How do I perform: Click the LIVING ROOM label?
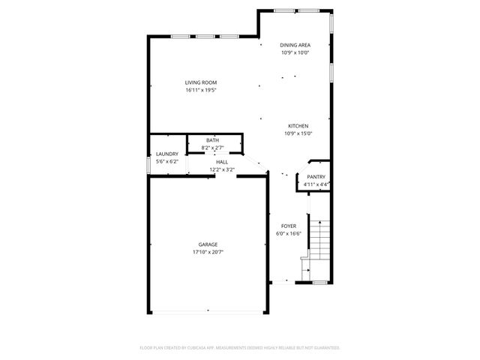click(201, 82)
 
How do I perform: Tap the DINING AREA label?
click(295, 45)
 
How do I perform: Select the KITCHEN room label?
click(298, 126)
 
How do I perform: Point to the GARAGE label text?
click(208, 244)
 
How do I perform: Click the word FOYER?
click(289, 226)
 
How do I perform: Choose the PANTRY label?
click(316, 177)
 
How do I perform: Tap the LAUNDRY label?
click(166, 154)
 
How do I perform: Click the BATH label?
click(213, 140)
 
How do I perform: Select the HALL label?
click(222, 162)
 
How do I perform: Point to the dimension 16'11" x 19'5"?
click(201, 90)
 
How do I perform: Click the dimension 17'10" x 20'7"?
click(208, 252)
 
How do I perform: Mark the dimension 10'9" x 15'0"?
click(298, 133)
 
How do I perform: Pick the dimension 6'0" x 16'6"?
click(289, 233)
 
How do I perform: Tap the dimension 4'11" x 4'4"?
click(316, 184)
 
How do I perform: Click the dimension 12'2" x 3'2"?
click(222, 169)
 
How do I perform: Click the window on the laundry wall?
click(148, 164)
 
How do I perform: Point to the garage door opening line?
click(208, 313)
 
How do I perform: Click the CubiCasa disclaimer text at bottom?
click(240, 348)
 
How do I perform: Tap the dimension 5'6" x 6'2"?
click(166, 161)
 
